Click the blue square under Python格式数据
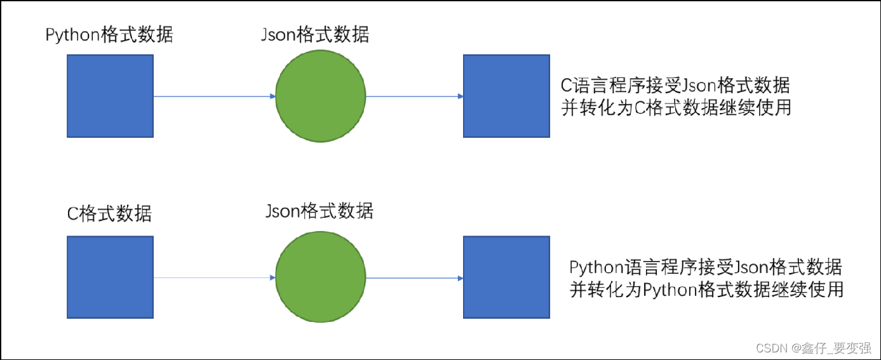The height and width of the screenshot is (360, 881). (x=110, y=96)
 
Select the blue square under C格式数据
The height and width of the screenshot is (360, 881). (x=110, y=277)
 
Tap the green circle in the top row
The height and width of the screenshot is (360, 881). (x=321, y=96)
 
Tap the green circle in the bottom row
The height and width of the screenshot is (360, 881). (x=321, y=277)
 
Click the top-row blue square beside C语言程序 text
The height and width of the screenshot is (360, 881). (x=506, y=96)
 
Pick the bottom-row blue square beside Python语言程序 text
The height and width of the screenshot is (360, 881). (x=506, y=277)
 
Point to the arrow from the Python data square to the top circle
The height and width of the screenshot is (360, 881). (x=214, y=97)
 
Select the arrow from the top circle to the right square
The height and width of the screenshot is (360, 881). (x=414, y=97)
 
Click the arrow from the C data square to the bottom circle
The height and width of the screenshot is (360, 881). (x=214, y=278)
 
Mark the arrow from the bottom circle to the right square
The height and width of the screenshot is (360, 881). (x=414, y=278)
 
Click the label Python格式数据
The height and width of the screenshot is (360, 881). (x=109, y=34)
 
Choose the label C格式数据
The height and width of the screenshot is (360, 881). (x=109, y=213)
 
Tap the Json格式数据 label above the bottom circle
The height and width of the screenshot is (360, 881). (x=319, y=210)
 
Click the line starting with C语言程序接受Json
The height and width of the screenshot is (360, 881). (x=675, y=85)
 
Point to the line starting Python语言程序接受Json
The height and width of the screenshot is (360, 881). (x=706, y=267)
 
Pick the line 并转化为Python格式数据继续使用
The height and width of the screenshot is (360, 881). (x=707, y=289)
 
